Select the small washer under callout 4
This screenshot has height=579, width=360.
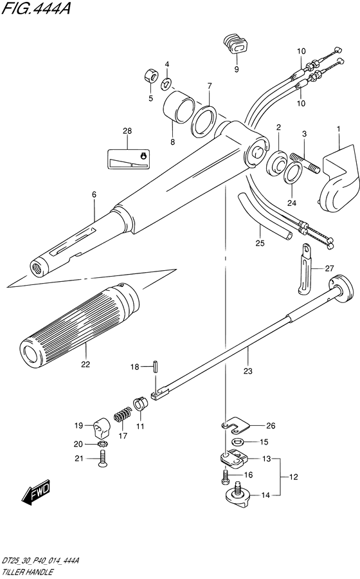coord(166,84)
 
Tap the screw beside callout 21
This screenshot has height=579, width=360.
coord(102,459)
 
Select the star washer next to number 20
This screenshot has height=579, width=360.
coord(102,443)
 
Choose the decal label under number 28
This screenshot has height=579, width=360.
coord(128,159)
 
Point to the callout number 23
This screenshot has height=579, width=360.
coord(248,371)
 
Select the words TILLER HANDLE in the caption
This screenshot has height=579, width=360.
coord(27,573)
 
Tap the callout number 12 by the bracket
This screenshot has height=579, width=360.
coord(293,477)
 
